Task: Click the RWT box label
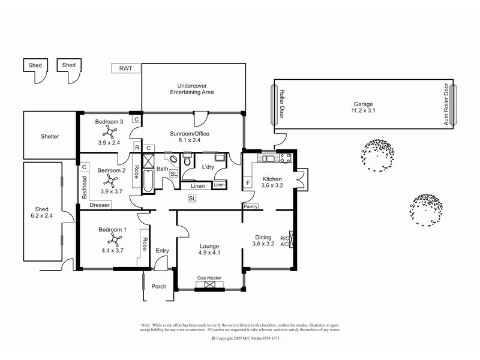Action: [x=126, y=68]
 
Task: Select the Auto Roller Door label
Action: [x=445, y=106]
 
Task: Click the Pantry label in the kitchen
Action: [x=251, y=206]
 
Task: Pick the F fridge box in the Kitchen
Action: [x=248, y=182]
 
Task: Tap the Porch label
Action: [x=158, y=286]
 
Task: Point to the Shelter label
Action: [x=50, y=137]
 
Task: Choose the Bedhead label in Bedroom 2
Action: [x=85, y=187]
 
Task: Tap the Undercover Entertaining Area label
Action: [x=192, y=89]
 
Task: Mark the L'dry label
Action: [x=209, y=166]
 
